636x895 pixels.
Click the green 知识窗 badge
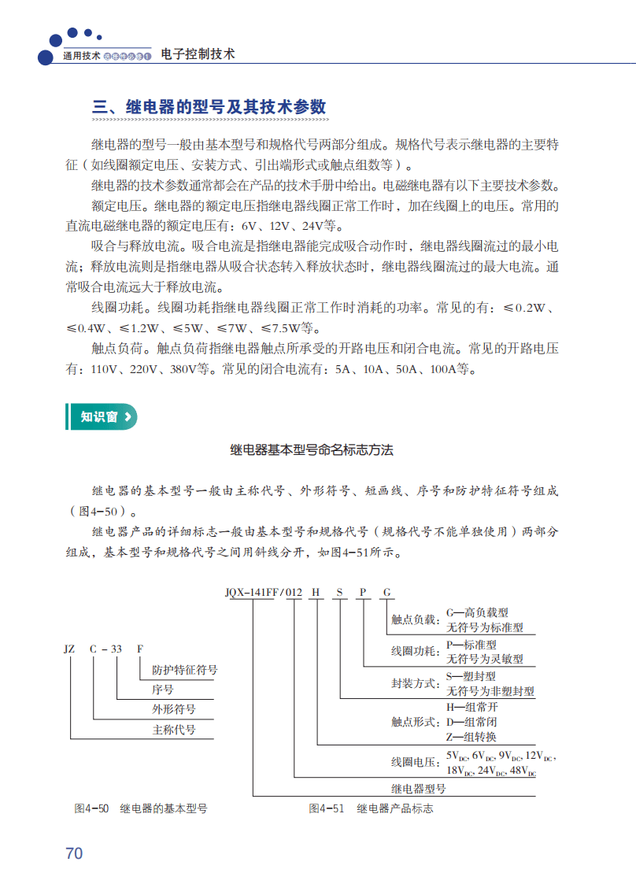[x=100, y=417]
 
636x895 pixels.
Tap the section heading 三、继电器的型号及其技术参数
[x=209, y=108]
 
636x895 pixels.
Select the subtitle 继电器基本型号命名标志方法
[x=312, y=450]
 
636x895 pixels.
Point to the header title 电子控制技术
[x=198, y=54]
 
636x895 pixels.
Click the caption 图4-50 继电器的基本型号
[x=141, y=808]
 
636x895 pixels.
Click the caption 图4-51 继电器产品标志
[x=371, y=808]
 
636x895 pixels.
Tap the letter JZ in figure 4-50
[x=69, y=649]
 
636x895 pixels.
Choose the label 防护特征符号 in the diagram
[x=185, y=670]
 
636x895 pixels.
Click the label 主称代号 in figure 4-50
[x=174, y=730]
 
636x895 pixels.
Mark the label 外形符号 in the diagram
[x=174, y=709]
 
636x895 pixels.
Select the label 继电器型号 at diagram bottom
[x=419, y=788]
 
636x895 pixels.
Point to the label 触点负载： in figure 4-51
[x=416, y=620]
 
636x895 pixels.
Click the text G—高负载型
[x=478, y=612]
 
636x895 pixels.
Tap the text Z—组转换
[x=471, y=737]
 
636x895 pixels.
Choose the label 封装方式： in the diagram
[x=416, y=682]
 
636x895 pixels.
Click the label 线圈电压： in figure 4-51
[x=416, y=763]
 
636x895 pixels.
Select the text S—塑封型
[x=471, y=675]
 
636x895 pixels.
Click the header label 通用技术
[x=82, y=57]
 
